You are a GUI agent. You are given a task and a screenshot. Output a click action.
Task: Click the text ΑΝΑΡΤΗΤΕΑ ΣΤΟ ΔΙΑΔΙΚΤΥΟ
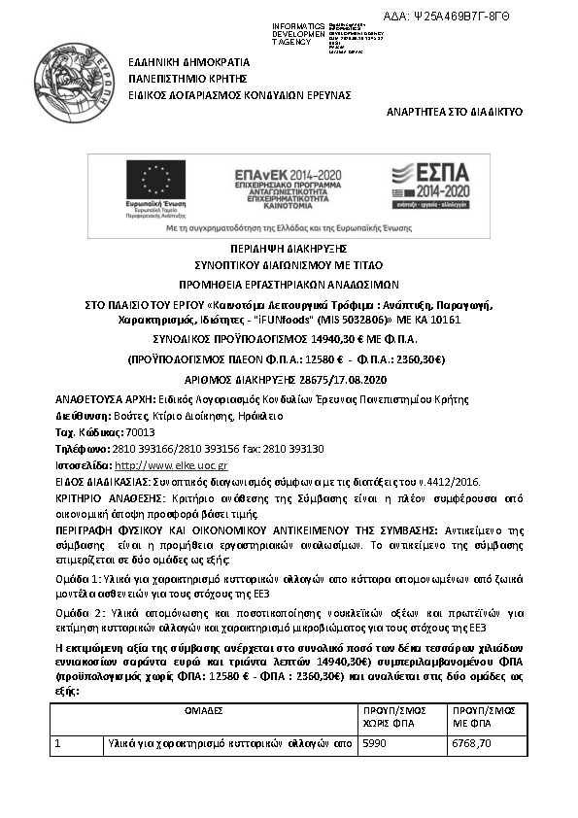click(x=455, y=112)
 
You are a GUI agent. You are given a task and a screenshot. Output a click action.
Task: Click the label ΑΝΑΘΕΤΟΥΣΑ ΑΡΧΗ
click(x=99, y=399)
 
